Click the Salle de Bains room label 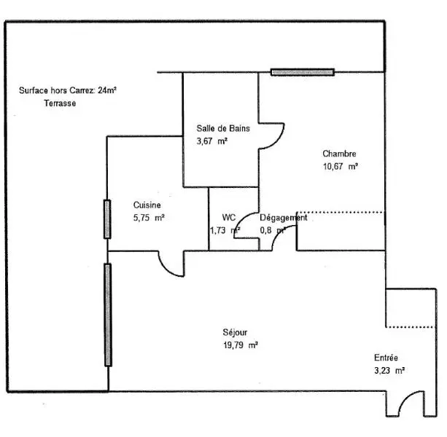click(x=223, y=128)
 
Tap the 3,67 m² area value click(x=211, y=141)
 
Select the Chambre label click(x=339, y=154)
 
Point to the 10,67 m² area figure click(x=341, y=166)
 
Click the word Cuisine click(x=147, y=205)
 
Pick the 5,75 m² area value click(x=149, y=218)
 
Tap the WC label click(x=229, y=218)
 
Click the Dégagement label click(x=284, y=218)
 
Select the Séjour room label click(x=235, y=333)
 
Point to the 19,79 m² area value click(x=241, y=345)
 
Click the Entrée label click(x=386, y=358)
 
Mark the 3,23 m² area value click(x=389, y=371)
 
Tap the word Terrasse click(x=60, y=103)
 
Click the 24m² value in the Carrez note click(x=107, y=90)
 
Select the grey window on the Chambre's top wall click(x=303, y=72)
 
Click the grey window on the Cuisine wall click(x=107, y=219)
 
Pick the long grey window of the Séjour click(x=108, y=315)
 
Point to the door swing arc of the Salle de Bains click(x=272, y=136)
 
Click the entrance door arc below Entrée click(x=411, y=403)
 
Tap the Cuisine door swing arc click(x=171, y=264)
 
